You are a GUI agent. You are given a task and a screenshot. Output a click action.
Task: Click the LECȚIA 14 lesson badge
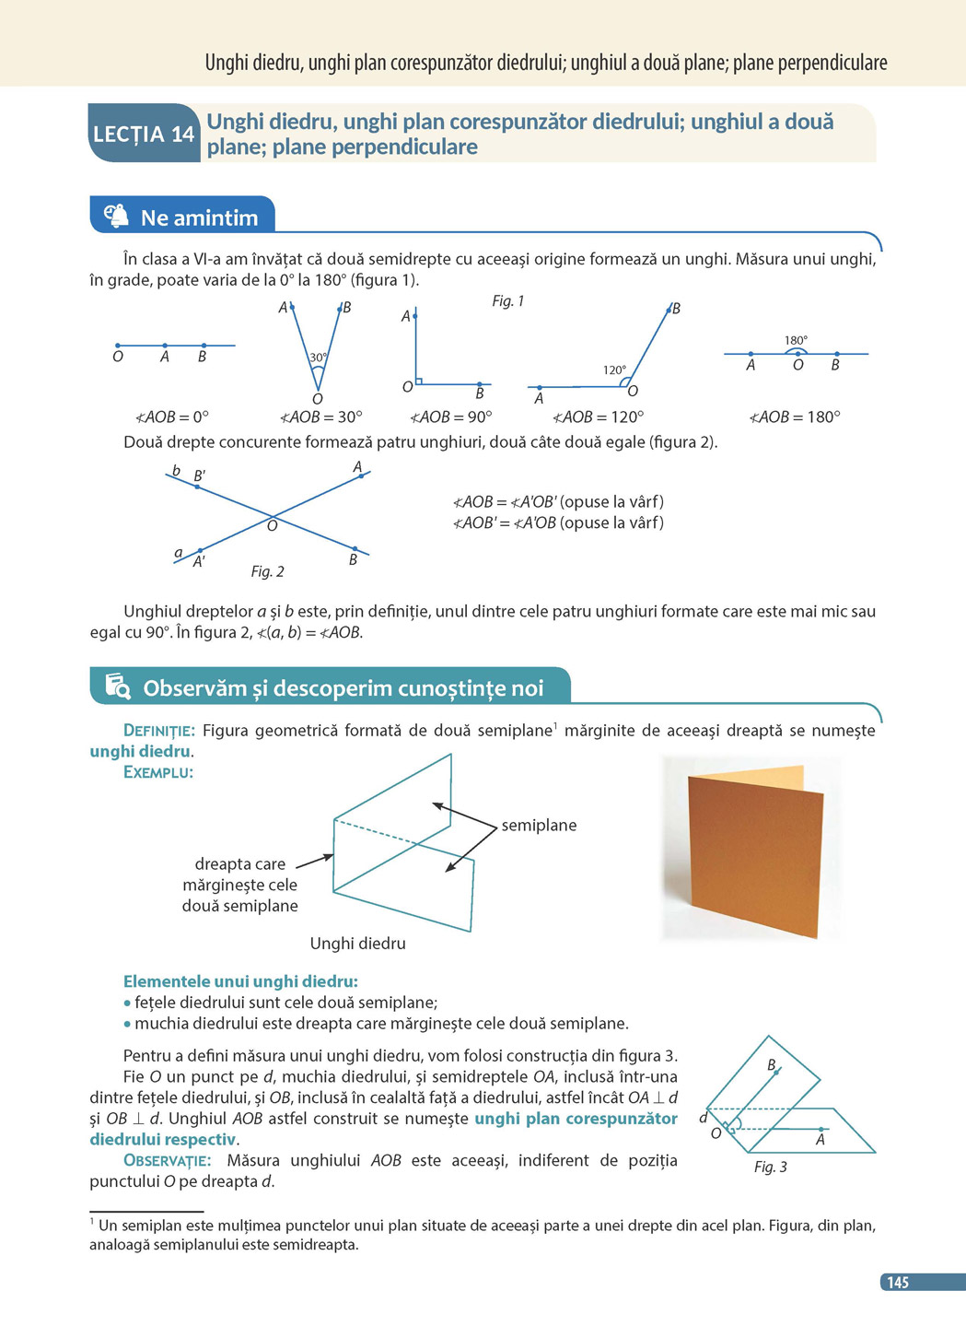point(144,135)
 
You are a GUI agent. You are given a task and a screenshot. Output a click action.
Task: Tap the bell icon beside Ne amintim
point(117,217)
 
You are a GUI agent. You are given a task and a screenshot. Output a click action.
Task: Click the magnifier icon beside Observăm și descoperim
point(118,686)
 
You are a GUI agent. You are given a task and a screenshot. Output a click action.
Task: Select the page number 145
point(898,1282)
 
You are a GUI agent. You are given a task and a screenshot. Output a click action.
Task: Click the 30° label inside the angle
point(318,358)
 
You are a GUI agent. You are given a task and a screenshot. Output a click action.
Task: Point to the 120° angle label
point(614,370)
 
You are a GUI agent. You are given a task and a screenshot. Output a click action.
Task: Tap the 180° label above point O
point(796,340)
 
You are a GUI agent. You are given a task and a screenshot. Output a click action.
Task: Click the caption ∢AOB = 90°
point(451,417)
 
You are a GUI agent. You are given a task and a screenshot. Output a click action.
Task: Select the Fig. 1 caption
point(507,301)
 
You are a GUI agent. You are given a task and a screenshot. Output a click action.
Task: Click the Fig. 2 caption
point(267,571)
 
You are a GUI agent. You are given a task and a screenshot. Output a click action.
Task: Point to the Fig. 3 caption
point(770,1167)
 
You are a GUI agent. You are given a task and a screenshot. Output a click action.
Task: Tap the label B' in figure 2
point(199,476)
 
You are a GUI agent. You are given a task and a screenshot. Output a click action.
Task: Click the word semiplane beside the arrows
point(539,826)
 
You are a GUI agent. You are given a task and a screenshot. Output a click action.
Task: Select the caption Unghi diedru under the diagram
point(357,944)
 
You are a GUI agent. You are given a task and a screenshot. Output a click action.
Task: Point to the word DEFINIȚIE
point(159,731)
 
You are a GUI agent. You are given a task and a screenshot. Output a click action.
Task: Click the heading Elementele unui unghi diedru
point(240,981)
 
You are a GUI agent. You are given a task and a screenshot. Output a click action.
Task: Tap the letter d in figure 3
point(703,1118)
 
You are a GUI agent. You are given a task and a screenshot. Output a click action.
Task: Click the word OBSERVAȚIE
point(167,1160)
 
